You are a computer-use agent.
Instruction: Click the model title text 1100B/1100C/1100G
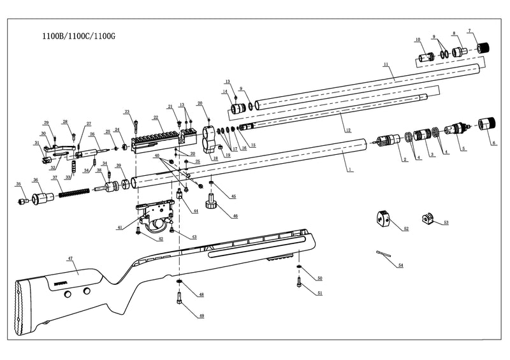click(78, 38)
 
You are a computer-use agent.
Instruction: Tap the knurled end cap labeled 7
click(486, 47)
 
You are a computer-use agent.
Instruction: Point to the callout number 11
click(386, 65)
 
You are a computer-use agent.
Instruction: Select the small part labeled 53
click(428, 220)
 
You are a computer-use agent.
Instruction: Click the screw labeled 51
click(300, 284)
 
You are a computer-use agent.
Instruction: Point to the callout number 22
click(156, 118)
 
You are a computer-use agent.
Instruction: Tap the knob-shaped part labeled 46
click(211, 203)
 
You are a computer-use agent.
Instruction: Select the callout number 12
click(347, 130)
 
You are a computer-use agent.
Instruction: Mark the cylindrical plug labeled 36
click(43, 198)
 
